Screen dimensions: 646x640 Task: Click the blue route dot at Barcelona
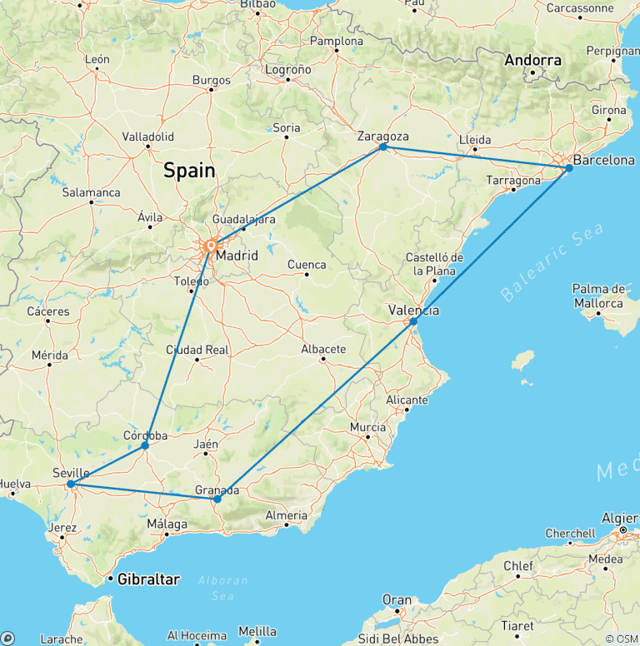(569, 168)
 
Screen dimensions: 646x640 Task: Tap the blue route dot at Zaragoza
(383, 147)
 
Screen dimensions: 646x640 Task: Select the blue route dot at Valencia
(413, 321)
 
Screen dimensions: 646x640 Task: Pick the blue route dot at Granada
(217, 499)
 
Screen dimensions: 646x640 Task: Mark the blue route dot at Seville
(71, 484)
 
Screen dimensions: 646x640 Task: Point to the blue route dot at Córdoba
(145, 445)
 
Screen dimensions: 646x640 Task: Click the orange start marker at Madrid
(211, 246)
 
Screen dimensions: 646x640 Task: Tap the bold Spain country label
(189, 171)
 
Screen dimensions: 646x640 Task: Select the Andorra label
(533, 60)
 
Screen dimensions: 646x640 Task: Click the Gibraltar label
(149, 579)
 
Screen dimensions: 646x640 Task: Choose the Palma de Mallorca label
(598, 296)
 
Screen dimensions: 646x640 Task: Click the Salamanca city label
(91, 191)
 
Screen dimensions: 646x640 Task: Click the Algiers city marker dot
(622, 529)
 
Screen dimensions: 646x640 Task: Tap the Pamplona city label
(337, 41)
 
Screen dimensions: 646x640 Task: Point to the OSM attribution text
(622, 639)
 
